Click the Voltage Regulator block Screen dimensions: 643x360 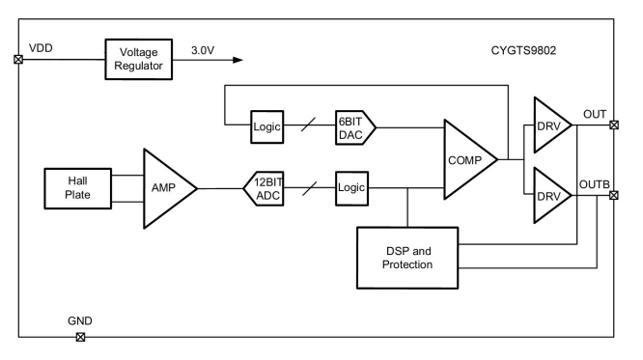139,60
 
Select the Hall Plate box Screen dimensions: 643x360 78,188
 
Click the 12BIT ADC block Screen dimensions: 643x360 264,188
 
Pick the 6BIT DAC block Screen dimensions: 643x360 355,127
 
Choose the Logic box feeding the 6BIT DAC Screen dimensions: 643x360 267,126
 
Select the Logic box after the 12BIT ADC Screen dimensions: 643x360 351,188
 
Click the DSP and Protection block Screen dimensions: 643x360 407,258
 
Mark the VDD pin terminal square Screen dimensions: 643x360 18,60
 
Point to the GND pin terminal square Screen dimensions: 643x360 81,337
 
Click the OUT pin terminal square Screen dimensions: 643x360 614,125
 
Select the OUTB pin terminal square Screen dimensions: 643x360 614,196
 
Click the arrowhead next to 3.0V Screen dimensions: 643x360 238,60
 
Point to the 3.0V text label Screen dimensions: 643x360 203,50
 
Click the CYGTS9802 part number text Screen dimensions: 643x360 523,50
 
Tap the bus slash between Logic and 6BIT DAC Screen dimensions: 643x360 308,125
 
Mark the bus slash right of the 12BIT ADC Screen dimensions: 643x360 310,188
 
